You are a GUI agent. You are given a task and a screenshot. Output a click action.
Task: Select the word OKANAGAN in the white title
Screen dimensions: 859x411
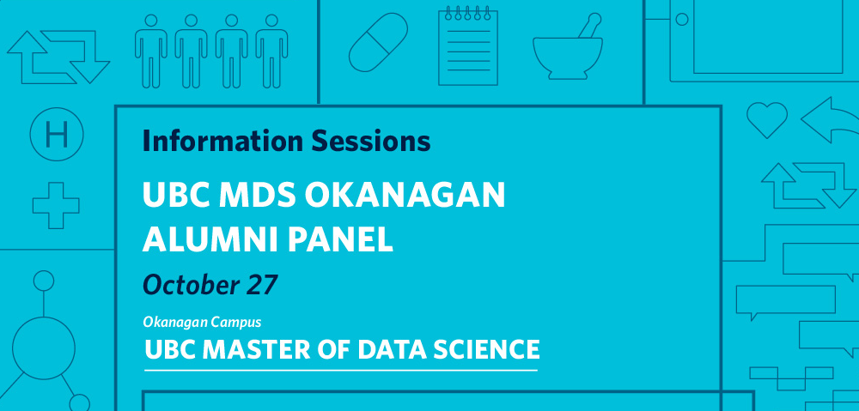point(405,194)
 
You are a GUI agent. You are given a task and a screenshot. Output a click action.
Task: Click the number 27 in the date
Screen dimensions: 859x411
point(261,285)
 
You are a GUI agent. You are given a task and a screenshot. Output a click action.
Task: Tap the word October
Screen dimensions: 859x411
point(192,285)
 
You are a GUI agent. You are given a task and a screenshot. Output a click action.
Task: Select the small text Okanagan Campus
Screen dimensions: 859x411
point(202,323)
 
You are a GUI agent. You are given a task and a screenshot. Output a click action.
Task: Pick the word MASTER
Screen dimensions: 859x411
point(252,350)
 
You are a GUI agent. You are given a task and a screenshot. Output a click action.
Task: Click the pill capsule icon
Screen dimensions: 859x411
point(378,42)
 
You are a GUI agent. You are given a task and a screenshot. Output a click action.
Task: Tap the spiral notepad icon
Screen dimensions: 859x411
point(468,46)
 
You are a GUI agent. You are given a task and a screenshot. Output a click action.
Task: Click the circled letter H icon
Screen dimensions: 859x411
point(57,134)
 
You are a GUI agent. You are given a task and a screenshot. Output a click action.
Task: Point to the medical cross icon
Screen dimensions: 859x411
point(56,205)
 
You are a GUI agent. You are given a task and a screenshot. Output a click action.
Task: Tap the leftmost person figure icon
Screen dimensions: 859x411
point(150,51)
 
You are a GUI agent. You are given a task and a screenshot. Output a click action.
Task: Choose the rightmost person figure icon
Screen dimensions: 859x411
point(271,51)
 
